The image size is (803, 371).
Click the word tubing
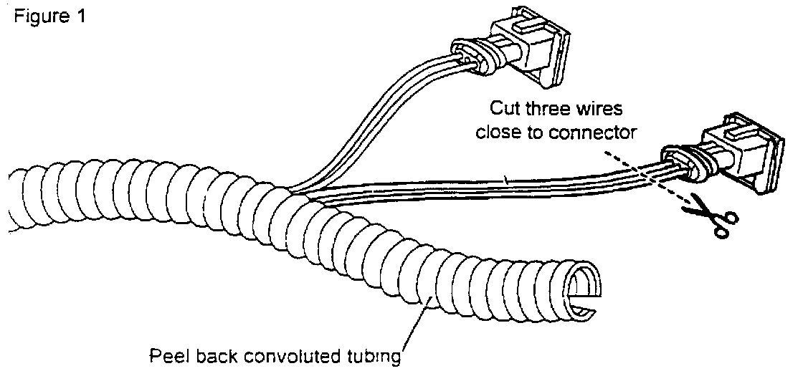coord(372,355)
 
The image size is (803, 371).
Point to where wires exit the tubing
coord(294,192)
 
